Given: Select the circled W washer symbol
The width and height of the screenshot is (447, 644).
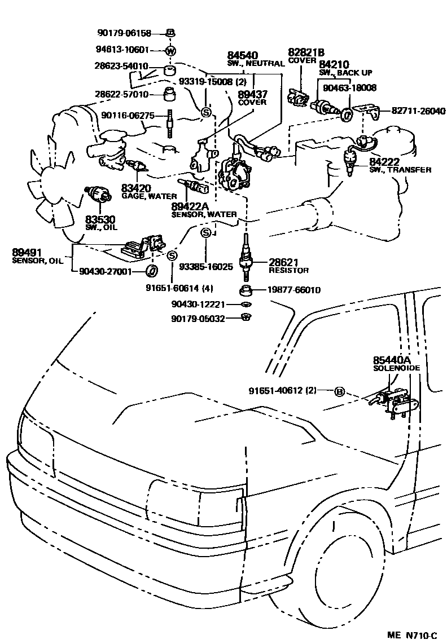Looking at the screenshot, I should [x=170, y=51].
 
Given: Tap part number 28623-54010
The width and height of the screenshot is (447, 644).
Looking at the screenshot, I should [x=121, y=66].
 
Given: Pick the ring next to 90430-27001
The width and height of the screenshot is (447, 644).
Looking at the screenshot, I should [x=152, y=272].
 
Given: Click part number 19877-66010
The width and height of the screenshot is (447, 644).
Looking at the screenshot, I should [x=293, y=290].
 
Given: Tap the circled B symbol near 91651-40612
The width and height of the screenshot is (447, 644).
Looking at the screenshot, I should [x=339, y=391].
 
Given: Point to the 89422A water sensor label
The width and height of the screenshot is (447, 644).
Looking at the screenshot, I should [x=204, y=210].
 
